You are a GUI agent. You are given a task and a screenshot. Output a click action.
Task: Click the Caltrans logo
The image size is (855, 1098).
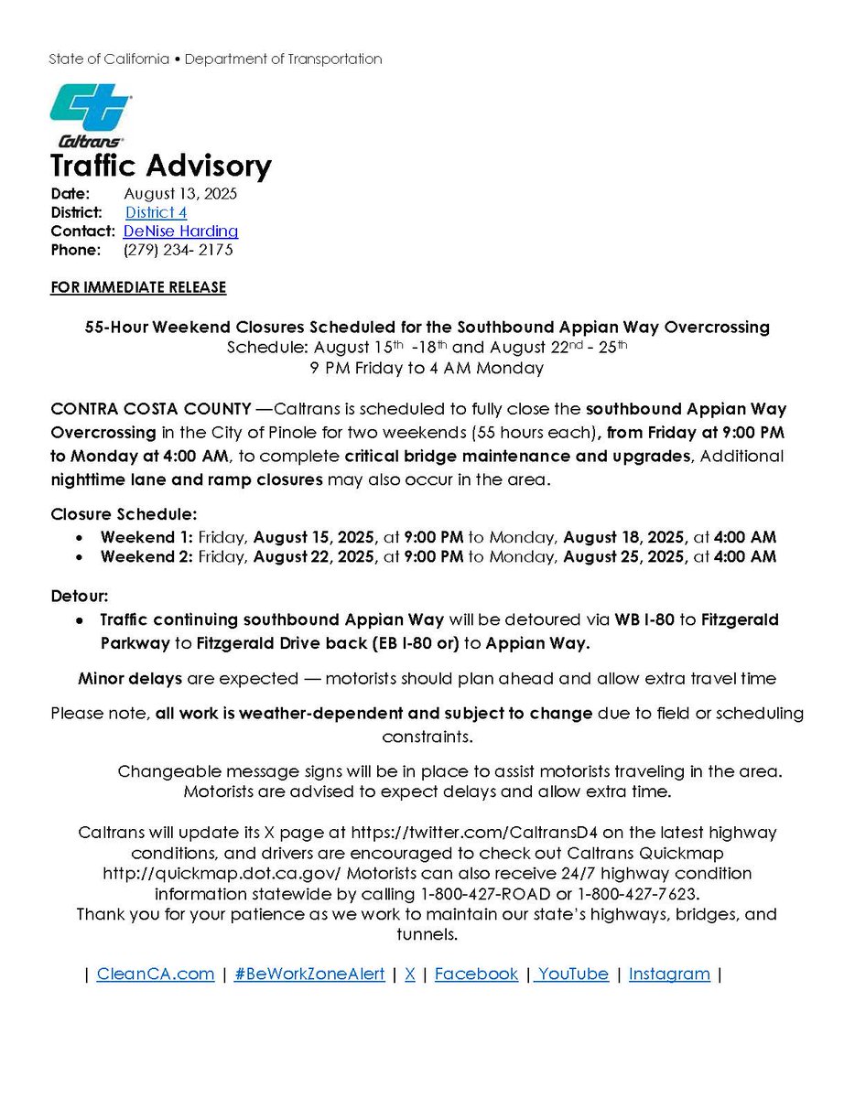point(89,115)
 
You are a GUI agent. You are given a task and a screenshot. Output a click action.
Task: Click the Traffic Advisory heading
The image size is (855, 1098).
point(161,167)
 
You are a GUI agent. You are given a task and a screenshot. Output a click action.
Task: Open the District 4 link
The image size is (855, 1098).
point(157,212)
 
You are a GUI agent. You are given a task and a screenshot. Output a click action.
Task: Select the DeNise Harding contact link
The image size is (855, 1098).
point(180,231)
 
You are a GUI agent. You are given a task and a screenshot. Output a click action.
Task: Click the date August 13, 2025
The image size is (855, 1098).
point(180,194)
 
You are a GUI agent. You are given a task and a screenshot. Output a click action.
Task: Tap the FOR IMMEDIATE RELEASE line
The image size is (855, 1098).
point(138,287)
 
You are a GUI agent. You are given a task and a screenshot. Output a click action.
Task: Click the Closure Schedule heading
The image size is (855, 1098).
point(124,514)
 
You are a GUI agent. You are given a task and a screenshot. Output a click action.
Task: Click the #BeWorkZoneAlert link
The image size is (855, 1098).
point(309,974)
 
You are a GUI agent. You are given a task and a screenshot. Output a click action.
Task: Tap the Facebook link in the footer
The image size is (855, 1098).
point(476,974)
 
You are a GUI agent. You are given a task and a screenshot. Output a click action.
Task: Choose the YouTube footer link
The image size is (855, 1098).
point(573,974)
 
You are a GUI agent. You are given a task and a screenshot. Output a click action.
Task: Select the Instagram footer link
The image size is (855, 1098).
point(669,974)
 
